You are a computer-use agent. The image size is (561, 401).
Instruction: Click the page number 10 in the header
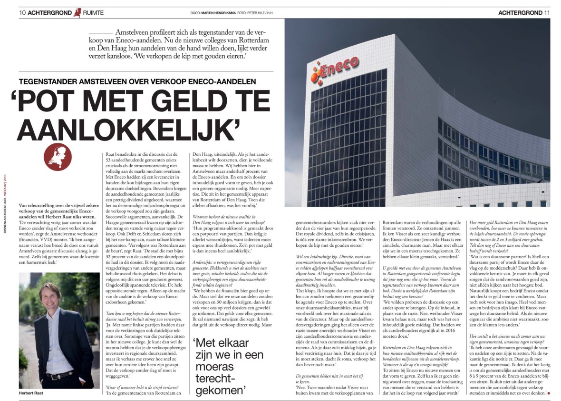point(22,12)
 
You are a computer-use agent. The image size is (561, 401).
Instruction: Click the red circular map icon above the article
point(58,157)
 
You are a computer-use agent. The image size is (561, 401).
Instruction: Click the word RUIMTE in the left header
point(94,13)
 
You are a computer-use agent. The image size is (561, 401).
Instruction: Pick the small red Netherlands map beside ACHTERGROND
point(77,12)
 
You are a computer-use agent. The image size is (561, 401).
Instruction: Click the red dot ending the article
point(548,393)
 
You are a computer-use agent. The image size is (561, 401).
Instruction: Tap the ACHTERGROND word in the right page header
point(520,12)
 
